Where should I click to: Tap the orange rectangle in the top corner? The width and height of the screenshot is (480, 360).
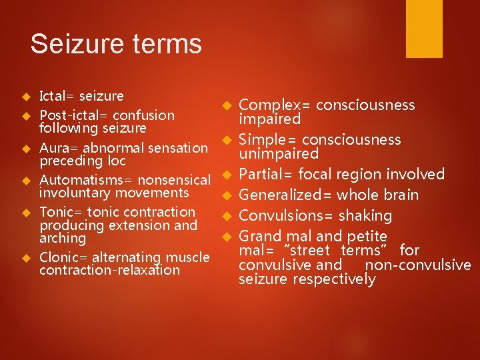[x=424, y=29]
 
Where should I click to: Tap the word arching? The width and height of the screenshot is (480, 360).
[x=63, y=238]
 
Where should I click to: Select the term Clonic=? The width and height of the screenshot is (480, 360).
[x=63, y=257]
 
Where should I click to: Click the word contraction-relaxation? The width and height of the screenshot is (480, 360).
[x=109, y=270]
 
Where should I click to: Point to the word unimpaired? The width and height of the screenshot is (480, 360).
[x=279, y=154]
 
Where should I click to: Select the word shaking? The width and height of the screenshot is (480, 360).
[x=365, y=216]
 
